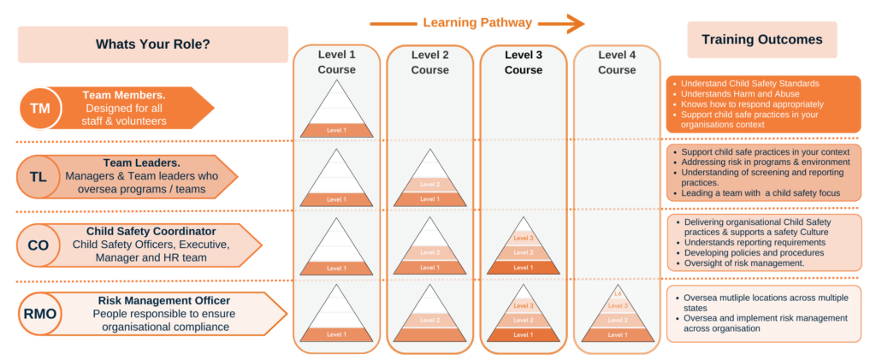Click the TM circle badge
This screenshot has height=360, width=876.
coord(40,108)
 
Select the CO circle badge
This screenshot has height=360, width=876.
coord(38,245)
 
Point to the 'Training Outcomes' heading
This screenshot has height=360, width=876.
coord(761,40)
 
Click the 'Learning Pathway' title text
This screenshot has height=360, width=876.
coord(476,23)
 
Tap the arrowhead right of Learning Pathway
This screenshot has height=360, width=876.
coord(576,23)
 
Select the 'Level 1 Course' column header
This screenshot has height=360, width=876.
coord(336,62)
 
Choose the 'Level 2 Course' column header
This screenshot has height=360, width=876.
coord(429,62)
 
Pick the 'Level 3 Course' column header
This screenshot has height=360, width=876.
coord(523,62)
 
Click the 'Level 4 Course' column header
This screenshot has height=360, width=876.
coord(616,62)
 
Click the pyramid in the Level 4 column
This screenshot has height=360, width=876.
coord(617,315)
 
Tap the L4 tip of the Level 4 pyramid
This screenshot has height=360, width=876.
coord(617,294)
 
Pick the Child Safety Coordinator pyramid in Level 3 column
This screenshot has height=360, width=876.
coord(523,248)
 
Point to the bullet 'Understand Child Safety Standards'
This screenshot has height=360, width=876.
coord(750,83)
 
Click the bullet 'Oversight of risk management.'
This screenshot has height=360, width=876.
coord(744,263)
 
